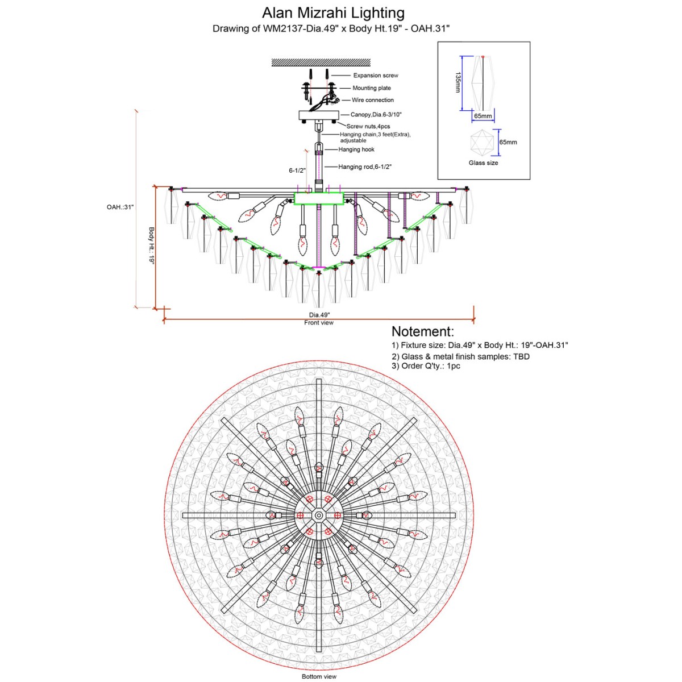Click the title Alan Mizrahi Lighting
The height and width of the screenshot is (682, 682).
[x=333, y=13]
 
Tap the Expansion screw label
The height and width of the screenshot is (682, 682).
[x=376, y=76]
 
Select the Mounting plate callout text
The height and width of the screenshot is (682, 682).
[x=372, y=88]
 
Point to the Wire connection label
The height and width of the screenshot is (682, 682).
[x=373, y=100]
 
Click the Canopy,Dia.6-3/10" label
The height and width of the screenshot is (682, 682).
[x=376, y=115]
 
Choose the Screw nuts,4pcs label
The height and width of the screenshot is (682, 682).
[x=368, y=126]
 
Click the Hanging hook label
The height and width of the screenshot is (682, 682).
[x=356, y=149]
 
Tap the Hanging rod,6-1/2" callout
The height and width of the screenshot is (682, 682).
[x=365, y=167]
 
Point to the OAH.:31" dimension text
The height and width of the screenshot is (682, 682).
[x=120, y=207]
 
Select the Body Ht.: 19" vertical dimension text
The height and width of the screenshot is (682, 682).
[x=152, y=246]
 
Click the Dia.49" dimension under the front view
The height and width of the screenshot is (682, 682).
[x=319, y=315]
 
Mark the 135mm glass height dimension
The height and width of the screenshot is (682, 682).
[x=458, y=82]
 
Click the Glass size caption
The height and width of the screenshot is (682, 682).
[x=483, y=163]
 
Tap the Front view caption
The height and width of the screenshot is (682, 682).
[x=318, y=323]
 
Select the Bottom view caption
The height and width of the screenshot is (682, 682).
[x=319, y=677]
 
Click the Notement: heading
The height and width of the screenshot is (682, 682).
[x=423, y=331]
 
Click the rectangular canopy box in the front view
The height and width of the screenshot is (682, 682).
[x=319, y=115]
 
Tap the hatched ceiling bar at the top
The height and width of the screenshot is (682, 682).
[x=321, y=63]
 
